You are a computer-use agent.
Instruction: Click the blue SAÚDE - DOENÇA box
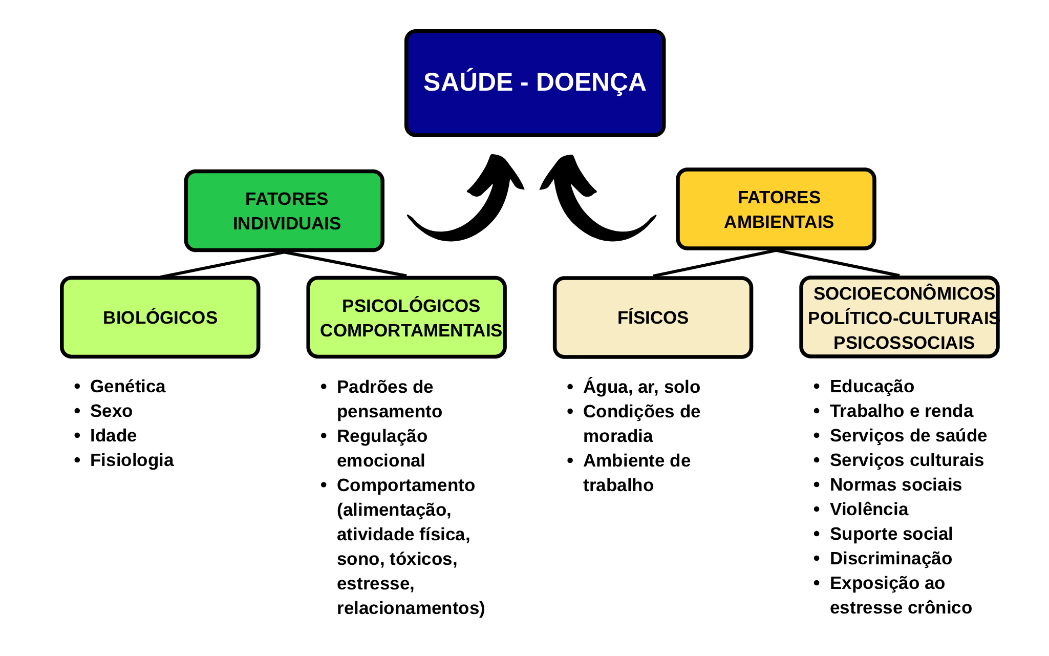click(x=535, y=83)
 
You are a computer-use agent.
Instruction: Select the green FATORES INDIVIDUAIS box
click(x=284, y=210)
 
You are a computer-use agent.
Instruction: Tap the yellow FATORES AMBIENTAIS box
click(x=776, y=209)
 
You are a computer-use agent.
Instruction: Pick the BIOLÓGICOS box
click(x=160, y=317)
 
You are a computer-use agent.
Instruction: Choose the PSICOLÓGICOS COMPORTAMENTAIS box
click(x=406, y=317)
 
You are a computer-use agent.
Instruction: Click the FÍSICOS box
click(x=653, y=317)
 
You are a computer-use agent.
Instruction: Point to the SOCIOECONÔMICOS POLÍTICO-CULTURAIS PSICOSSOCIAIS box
click(x=900, y=317)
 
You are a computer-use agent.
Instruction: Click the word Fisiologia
click(x=132, y=460)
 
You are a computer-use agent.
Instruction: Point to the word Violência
click(x=869, y=509)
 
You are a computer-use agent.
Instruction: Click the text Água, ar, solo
click(x=641, y=387)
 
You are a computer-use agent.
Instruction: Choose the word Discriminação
click(x=891, y=558)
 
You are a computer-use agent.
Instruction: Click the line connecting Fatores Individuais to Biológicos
click(x=222, y=264)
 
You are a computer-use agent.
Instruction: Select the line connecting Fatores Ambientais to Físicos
click(x=715, y=263)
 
